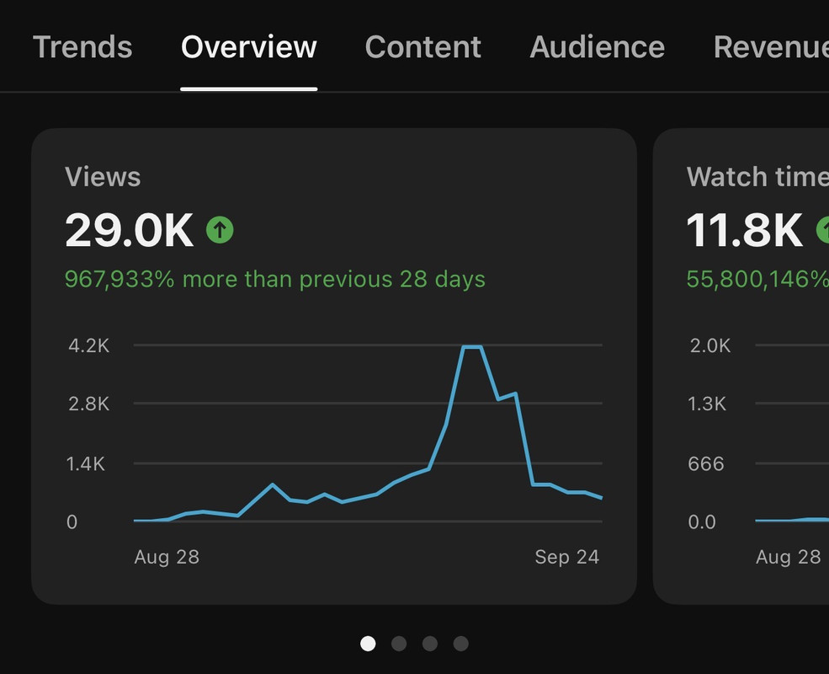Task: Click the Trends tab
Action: click(x=82, y=47)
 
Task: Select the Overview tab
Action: click(x=249, y=47)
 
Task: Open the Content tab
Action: click(x=423, y=47)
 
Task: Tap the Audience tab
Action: click(x=597, y=47)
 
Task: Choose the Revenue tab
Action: click(x=770, y=47)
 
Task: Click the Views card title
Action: click(x=103, y=177)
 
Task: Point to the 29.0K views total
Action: click(x=129, y=230)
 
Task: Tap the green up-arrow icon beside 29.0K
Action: click(x=220, y=229)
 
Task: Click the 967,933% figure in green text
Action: click(x=120, y=279)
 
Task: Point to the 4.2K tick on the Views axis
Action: click(x=88, y=345)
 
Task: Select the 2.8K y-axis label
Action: click(x=88, y=404)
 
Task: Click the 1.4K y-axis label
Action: click(x=87, y=463)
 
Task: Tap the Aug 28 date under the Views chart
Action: click(x=167, y=557)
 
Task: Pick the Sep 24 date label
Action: click(x=566, y=557)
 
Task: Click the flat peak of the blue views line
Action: click(x=472, y=347)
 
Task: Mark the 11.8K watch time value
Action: click(x=745, y=230)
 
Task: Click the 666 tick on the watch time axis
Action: click(x=706, y=463)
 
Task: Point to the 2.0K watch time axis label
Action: click(x=710, y=345)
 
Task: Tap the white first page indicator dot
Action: click(x=368, y=644)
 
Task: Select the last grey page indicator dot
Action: click(x=460, y=644)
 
